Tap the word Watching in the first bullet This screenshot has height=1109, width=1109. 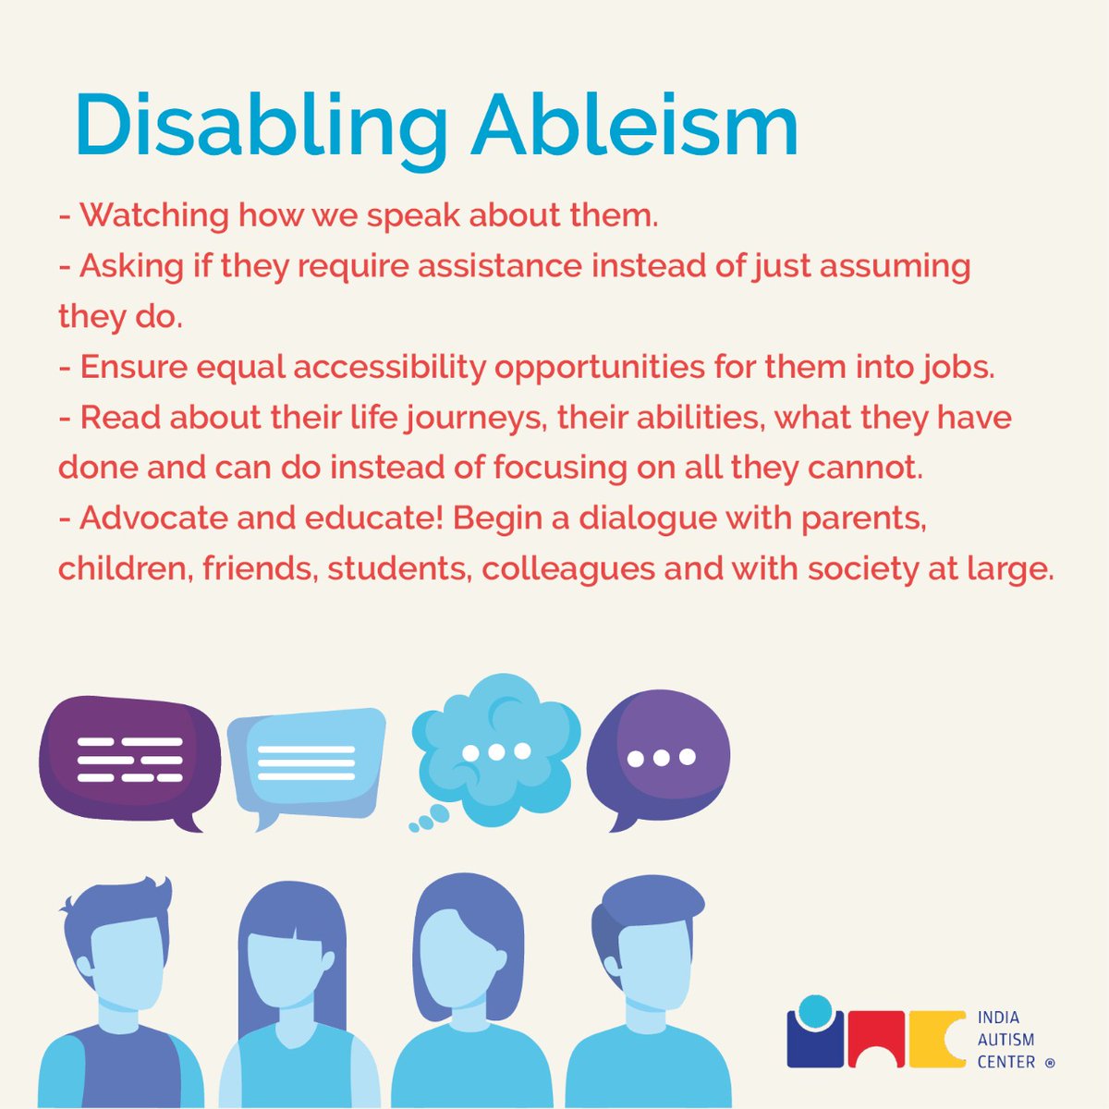153,216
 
